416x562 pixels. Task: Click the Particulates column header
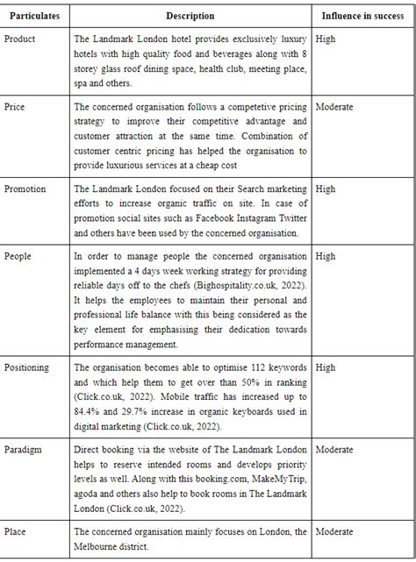coord(34,16)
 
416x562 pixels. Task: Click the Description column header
coord(190,16)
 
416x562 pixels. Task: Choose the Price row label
coord(16,107)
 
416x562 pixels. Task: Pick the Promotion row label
coord(25,189)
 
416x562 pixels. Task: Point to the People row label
coord(18,256)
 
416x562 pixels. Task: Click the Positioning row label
coord(26,368)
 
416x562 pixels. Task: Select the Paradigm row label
coord(23,450)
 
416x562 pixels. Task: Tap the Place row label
coord(15,531)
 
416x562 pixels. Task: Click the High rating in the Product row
coord(326,39)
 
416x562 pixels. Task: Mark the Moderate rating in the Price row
coord(334,107)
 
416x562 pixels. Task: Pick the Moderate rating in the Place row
coord(334,531)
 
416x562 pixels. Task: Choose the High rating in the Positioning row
coord(326,368)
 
